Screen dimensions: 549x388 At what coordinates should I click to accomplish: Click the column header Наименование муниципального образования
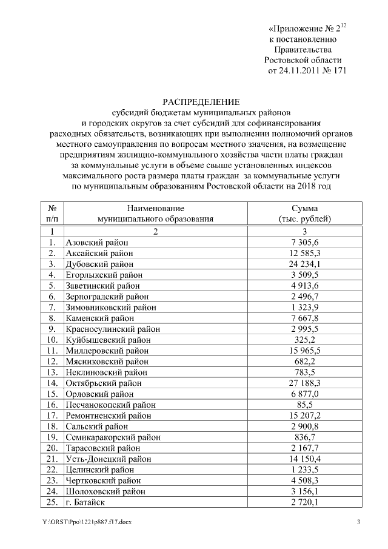pos(156,213)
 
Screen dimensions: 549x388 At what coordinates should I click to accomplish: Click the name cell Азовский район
pos(96,242)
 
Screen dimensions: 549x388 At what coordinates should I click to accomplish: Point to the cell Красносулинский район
pos(113,329)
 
